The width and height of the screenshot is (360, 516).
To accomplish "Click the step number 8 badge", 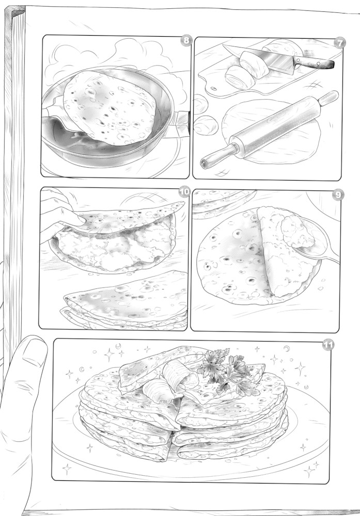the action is (186, 40).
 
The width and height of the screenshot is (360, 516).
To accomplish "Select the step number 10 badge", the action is (185, 192).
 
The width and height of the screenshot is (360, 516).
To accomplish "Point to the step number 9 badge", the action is (338, 195).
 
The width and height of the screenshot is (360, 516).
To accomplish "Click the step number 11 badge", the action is (328, 345).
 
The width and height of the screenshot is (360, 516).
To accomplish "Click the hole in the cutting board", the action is (214, 88).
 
